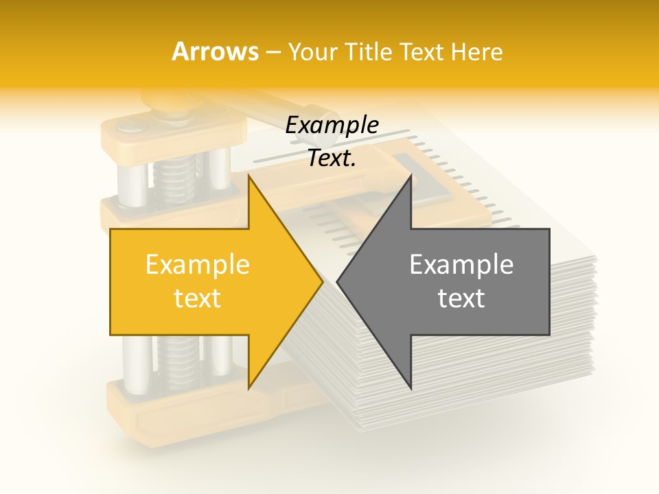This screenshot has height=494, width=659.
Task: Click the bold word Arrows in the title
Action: tap(216, 51)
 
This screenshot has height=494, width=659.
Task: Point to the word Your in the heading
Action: tap(310, 52)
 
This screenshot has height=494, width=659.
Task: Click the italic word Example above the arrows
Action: tap(332, 126)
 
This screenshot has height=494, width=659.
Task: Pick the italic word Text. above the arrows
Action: tap(332, 158)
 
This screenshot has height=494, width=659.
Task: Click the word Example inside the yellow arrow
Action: tap(198, 264)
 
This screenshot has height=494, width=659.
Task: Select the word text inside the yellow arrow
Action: tap(198, 298)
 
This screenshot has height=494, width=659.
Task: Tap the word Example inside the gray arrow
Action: tap(461, 264)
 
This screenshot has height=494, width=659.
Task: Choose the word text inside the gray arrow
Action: tap(461, 298)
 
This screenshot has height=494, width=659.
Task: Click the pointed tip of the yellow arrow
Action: tap(323, 281)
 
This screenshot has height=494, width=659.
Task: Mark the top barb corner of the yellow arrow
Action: tap(249, 176)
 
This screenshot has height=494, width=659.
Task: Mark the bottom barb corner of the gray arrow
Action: tap(411, 389)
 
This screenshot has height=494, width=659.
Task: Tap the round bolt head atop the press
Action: tap(129, 126)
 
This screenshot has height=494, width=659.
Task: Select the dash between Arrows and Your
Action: tap(273, 52)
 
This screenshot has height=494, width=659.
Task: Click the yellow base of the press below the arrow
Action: tap(172, 405)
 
